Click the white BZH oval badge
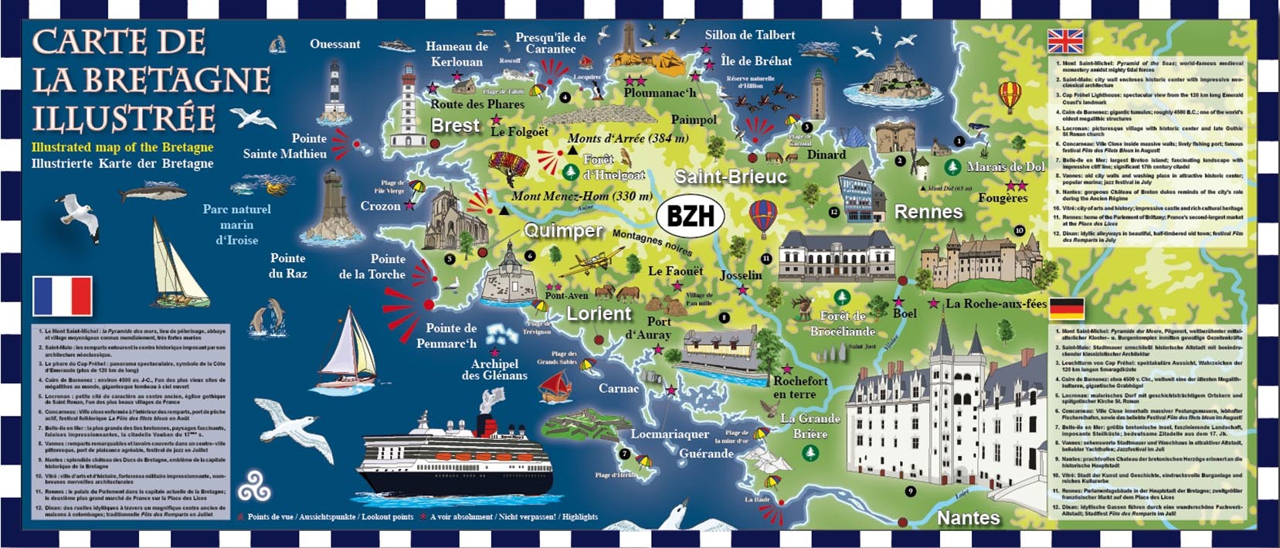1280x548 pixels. point(690,216)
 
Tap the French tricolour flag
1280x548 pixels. point(63,296)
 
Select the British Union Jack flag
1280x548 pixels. point(1064,40)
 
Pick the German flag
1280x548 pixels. point(1066,309)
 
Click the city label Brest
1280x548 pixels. point(455,125)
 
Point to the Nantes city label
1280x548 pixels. point(968,518)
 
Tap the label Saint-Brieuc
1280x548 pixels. point(730,176)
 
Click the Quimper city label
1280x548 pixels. point(563,230)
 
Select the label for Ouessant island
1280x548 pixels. point(334,44)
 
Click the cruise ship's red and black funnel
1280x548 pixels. point(486,425)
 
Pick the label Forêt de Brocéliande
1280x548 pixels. point(842,323)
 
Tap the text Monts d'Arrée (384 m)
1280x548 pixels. point(627,138)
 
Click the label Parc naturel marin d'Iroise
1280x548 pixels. point(236,224)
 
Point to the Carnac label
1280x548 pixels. point(618,388)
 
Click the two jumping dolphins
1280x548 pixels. point(270,315)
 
